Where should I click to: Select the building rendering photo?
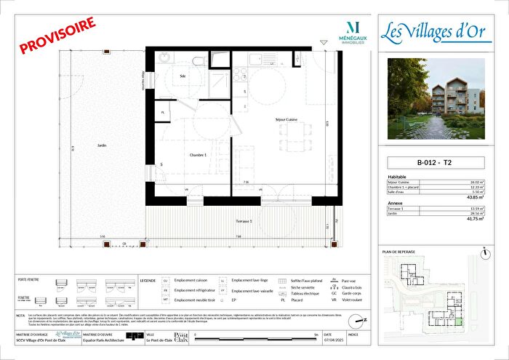(x=441, y=99)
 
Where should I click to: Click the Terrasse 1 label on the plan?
(x=242, y=221)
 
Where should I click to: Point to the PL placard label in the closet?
(x=163, y=113)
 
